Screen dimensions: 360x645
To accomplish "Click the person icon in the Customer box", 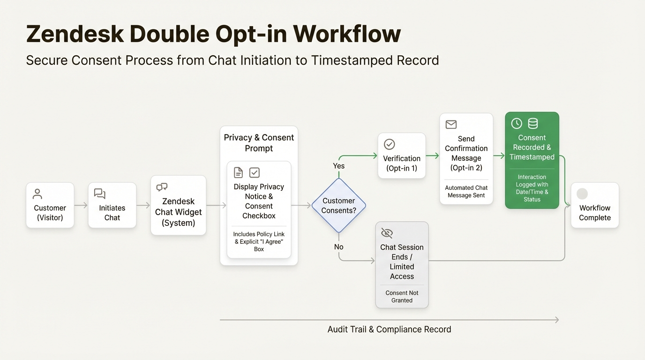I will click(37, 194).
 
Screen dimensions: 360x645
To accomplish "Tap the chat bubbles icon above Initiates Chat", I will click(100, 194).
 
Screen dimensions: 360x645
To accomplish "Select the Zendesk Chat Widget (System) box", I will click(178, 205).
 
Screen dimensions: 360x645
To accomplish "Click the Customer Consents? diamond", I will click(338, 205).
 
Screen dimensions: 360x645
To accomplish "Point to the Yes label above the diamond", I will click(338, 166).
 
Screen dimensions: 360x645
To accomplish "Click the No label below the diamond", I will click(338, 247).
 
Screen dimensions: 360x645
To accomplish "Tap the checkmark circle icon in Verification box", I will click(389, 144).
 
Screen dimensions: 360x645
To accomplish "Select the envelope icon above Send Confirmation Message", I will click(451, 124).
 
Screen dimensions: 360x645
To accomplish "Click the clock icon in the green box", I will click(517, 123).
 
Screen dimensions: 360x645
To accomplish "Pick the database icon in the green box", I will click(533, 123).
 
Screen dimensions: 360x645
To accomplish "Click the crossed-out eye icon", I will click(387, 233).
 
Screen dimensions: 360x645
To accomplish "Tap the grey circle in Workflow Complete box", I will click(582, 194).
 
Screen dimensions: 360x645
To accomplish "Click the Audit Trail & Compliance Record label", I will click(389, 330).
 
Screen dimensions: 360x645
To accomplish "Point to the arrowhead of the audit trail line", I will click(556, 320).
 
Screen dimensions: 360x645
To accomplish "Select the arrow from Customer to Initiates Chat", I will click(81, 205).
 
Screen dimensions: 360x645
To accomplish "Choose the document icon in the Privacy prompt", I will click(239, 172).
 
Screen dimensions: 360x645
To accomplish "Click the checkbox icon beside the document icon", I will click(255, 172).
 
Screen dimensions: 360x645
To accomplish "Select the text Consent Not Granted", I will click(402, 297).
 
